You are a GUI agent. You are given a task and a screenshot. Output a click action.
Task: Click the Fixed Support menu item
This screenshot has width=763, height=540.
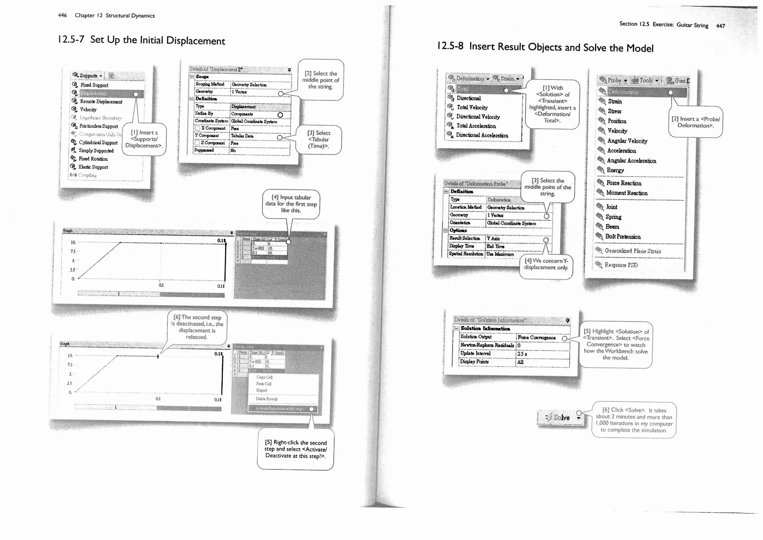coord(94,85)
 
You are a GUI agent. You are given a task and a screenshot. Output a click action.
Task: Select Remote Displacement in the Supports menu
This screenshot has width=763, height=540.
coord(101,101)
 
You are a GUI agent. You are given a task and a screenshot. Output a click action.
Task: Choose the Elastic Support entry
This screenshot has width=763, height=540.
coord(93,167)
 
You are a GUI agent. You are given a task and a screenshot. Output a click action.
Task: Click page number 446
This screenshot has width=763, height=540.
coord(62,15)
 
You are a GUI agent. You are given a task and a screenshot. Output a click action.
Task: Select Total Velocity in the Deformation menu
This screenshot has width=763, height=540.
coord(472,107)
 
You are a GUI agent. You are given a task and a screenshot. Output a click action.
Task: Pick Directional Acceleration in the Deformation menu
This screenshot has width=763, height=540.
coord(482,135)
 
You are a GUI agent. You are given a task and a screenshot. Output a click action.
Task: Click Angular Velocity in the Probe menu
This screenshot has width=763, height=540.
coord(627,141)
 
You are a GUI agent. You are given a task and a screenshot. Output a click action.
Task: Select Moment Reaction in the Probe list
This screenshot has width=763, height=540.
coord(627,193)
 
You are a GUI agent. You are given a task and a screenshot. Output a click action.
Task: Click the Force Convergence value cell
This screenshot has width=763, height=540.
coord(537,337)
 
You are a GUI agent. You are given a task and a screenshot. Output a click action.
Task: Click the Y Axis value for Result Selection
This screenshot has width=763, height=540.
coord(493,238)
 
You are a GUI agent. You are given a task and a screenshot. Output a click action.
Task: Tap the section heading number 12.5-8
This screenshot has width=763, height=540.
coord(450,46)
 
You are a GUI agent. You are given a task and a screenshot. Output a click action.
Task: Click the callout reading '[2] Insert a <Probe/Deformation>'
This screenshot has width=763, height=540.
coord(695,122)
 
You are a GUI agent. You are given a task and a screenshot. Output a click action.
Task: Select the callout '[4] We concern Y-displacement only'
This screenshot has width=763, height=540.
coord(546,264)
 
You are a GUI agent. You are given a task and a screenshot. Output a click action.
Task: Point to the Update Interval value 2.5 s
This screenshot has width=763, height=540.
coord(522,354)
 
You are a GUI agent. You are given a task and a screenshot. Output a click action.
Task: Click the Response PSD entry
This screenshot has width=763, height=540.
coord(621,265)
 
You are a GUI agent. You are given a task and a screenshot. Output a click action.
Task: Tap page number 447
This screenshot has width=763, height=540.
coord(720,26)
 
